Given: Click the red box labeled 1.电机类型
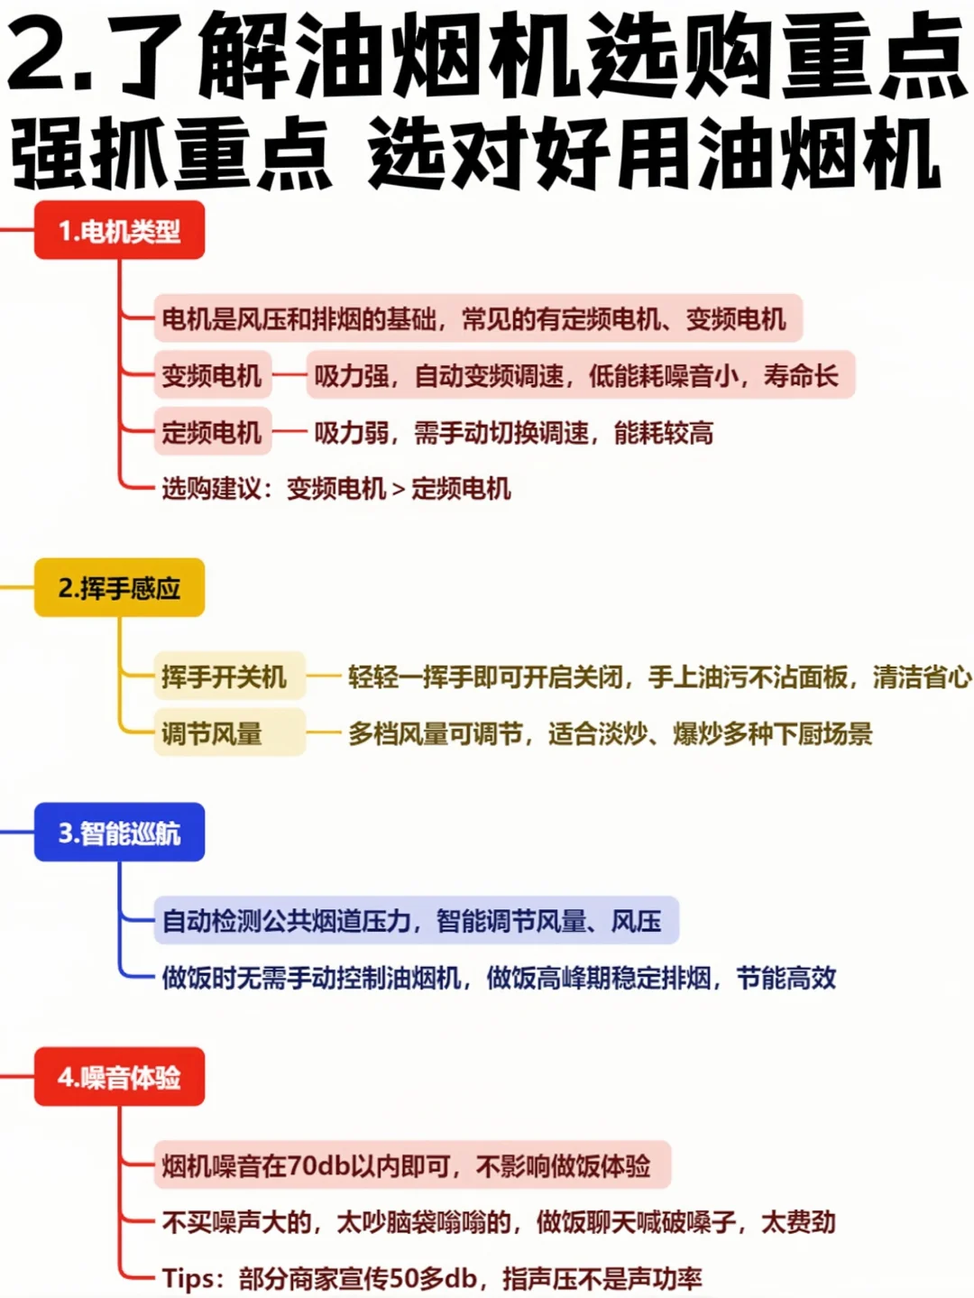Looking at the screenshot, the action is (x=119, y=231).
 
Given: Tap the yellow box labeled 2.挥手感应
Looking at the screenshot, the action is (x=119, y=588).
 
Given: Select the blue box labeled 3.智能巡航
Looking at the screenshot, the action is (x=119, y=833).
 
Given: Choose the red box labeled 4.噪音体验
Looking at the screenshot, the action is (x=119, y=1077).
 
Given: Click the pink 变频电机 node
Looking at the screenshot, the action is (x=212, y=375).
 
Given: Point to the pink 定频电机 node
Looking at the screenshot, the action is (x=212, y=433).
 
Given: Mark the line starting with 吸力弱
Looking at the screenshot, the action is (x=513, y=433).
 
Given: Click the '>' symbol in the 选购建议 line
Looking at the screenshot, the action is (x=399, y=490).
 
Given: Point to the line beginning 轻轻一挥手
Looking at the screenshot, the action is (x=659, y=677).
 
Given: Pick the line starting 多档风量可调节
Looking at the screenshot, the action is (x=610, y=733).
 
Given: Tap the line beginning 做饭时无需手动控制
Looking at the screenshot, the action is (x=499, y=978).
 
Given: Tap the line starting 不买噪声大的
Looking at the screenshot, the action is (x=499, y=1222).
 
